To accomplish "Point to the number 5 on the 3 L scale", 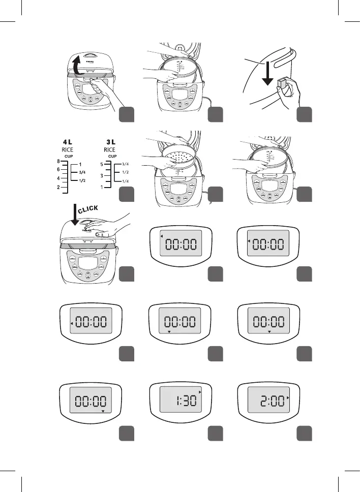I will (102, 165).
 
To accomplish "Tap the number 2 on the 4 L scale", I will (59, 188).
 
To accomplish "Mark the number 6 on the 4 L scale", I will (59, 170).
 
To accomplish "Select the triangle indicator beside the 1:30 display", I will (201, 392).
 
